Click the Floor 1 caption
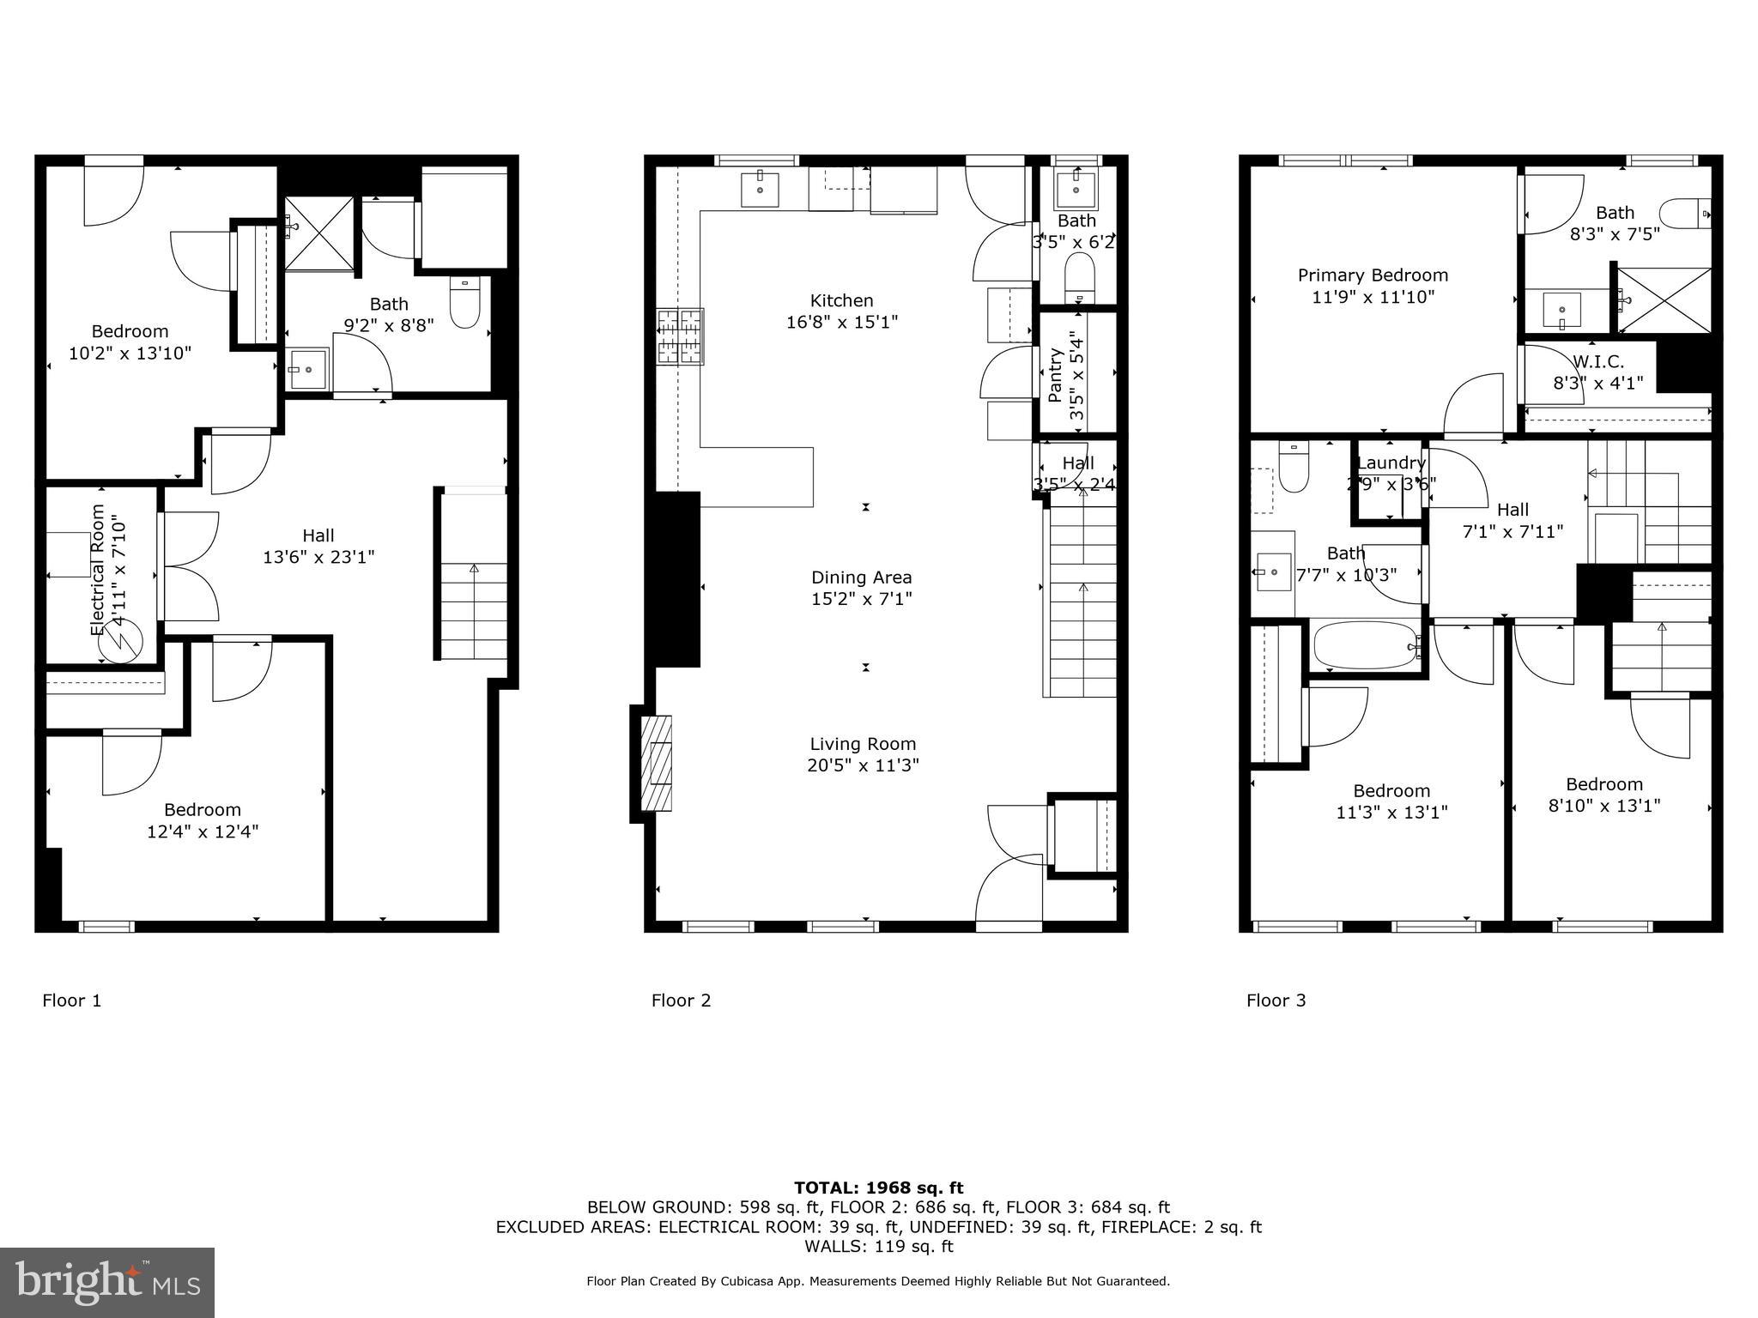(x=72, y=1001)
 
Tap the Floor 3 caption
(x=1276, y=1001)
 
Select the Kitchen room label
(x=841, y=300)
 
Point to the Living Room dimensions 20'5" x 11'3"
(x=863, y=765)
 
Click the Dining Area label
(x=861, y=577)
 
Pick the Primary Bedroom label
(x=1372, y=275)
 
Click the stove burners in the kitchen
(x=681, y=336)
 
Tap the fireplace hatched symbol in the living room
(x=658, y=763)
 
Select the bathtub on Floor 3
(x=1365, y=646)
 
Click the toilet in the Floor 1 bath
(x=464, y=304)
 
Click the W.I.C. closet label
(x=1597, y=362)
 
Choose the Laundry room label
(x=1391, y=463)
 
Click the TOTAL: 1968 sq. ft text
(x=878, y=1188)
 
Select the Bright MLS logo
(x=107, y=1282)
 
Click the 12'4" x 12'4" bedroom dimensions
(x=203, y=831)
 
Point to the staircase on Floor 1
(x=473, y=575)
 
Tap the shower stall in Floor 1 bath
(x=318, y=233)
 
